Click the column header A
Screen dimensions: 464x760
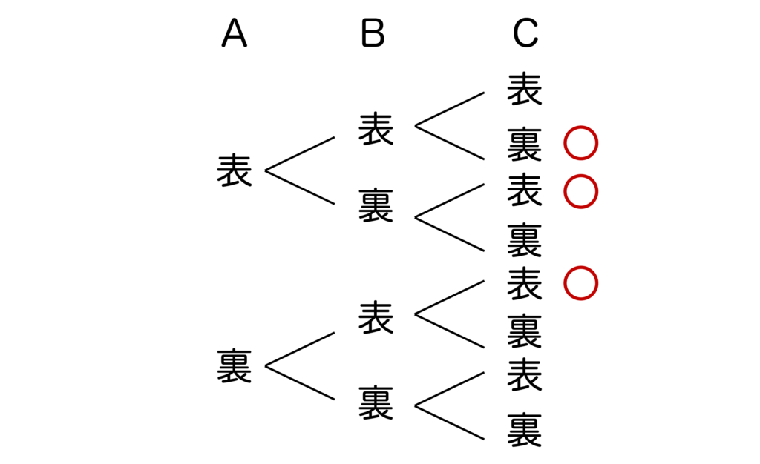tap(234, 33)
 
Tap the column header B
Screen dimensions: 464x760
tap(373, 33)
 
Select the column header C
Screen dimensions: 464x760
tap(525, 33)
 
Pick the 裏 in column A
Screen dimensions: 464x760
tap(235, 366)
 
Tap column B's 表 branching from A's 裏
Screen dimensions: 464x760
tap(376, 316)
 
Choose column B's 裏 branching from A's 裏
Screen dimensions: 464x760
tap(376, 403)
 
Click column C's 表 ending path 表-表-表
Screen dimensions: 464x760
tap(525, 88)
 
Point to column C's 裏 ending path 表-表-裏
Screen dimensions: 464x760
tap(525, 145)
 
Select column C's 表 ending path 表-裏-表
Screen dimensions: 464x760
tap(525, 190)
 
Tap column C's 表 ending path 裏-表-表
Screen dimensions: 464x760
tap(525, 283)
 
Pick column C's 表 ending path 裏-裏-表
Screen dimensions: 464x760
tap(525, 375)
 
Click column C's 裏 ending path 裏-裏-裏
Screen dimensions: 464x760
tap(525, 431)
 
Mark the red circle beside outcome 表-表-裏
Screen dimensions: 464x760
tap(580, 144)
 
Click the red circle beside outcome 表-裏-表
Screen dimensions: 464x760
tap(580, 191)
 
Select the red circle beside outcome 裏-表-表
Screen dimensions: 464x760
tap(580, 284)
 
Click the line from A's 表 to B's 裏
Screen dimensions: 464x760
tap(300, 188)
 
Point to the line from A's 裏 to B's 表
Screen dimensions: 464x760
tap(300, 349)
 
